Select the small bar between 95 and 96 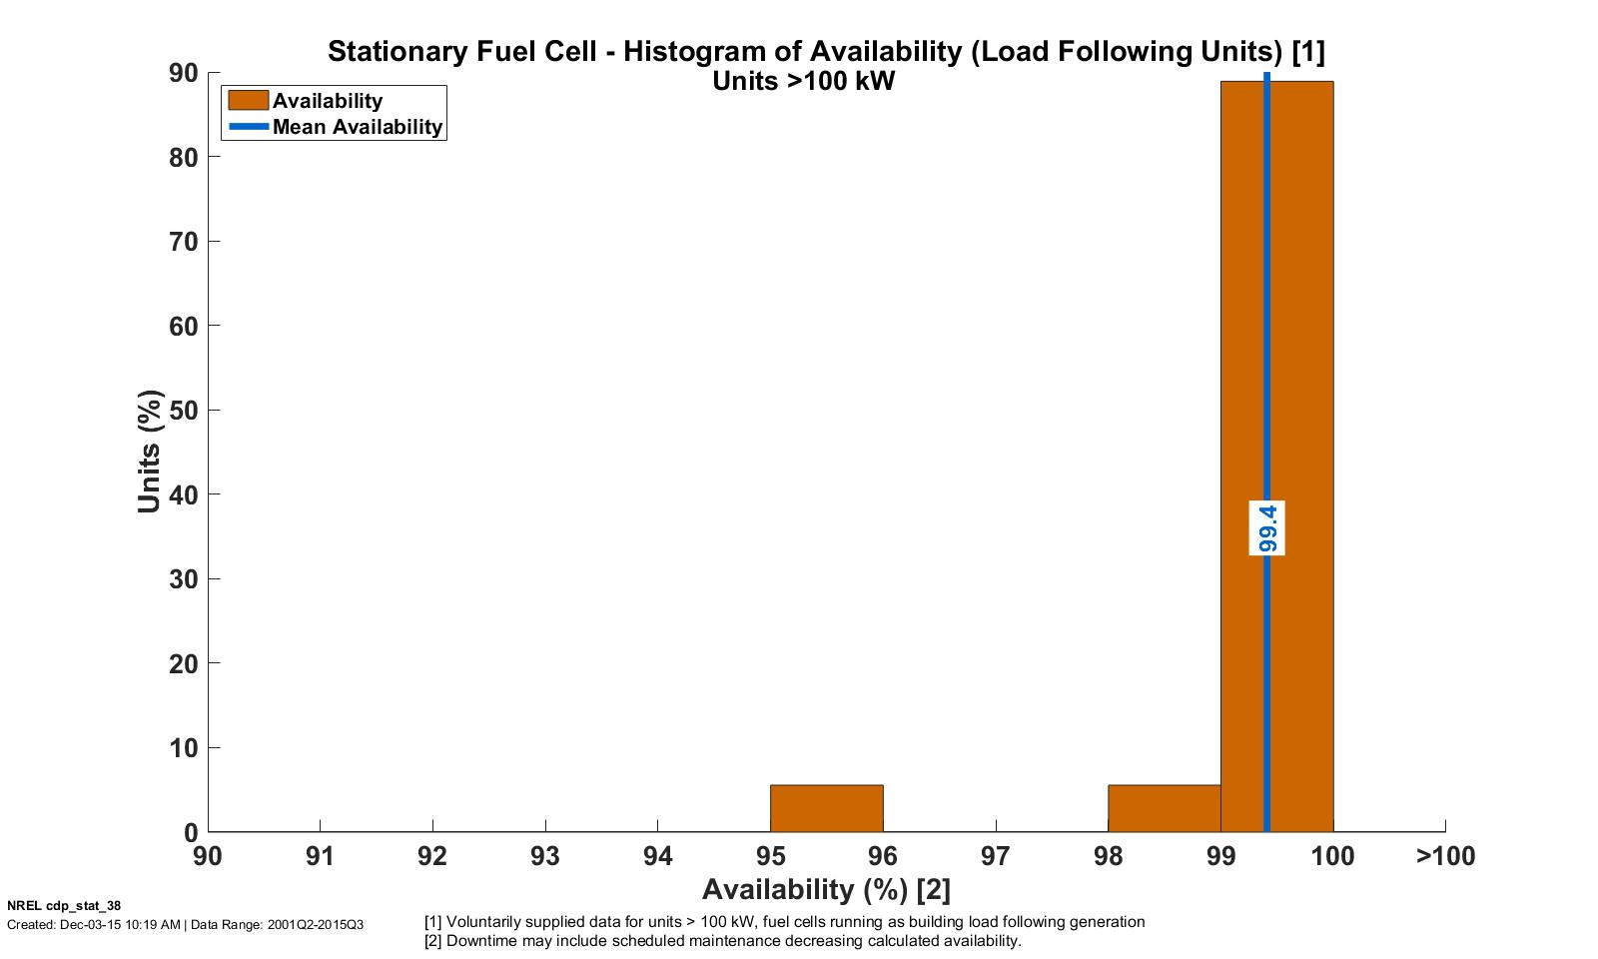click(826, 808)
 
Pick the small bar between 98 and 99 click(1164, 808)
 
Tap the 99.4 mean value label click(1266, 527)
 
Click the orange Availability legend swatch click(248, 100)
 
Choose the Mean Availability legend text click(357, 127)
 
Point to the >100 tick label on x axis click(1445, 856)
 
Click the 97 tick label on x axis click(996, 856)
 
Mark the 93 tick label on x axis click(545, 856)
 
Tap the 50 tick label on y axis click(184, 411)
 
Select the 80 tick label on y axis click(184, 158)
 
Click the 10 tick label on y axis click(184, 748)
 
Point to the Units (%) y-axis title click(150, 452)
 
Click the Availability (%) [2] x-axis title click(826, 889)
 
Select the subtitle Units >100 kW click(803, 82)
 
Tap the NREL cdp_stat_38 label click(64, 906)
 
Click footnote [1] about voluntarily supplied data click(785, 922)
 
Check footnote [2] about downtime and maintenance click(723, 941)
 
